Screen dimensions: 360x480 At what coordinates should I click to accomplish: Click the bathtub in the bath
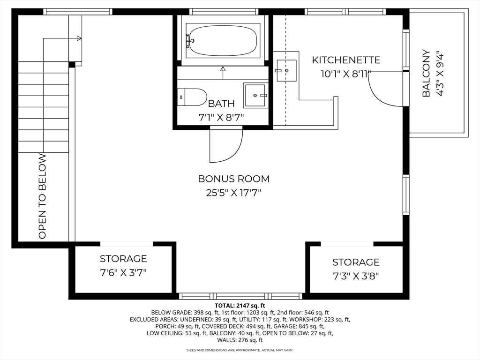223,41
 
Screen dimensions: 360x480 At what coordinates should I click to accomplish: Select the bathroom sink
256,95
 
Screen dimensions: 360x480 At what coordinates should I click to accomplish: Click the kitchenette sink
286,70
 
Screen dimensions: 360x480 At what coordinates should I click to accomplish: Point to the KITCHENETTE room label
346,60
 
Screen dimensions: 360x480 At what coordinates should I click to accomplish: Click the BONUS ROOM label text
233,179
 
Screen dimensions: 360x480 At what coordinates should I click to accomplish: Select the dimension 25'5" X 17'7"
233,192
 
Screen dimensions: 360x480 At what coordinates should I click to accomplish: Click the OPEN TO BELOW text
43,196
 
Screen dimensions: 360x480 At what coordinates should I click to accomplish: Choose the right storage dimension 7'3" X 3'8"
356,276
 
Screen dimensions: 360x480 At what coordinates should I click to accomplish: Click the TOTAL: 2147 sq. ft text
240,306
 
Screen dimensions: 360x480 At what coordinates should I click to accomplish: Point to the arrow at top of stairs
79,38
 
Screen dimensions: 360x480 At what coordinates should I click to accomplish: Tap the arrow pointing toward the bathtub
223,70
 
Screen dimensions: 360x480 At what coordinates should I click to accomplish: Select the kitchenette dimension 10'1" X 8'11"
346,74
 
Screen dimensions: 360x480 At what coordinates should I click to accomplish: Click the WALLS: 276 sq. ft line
240,340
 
